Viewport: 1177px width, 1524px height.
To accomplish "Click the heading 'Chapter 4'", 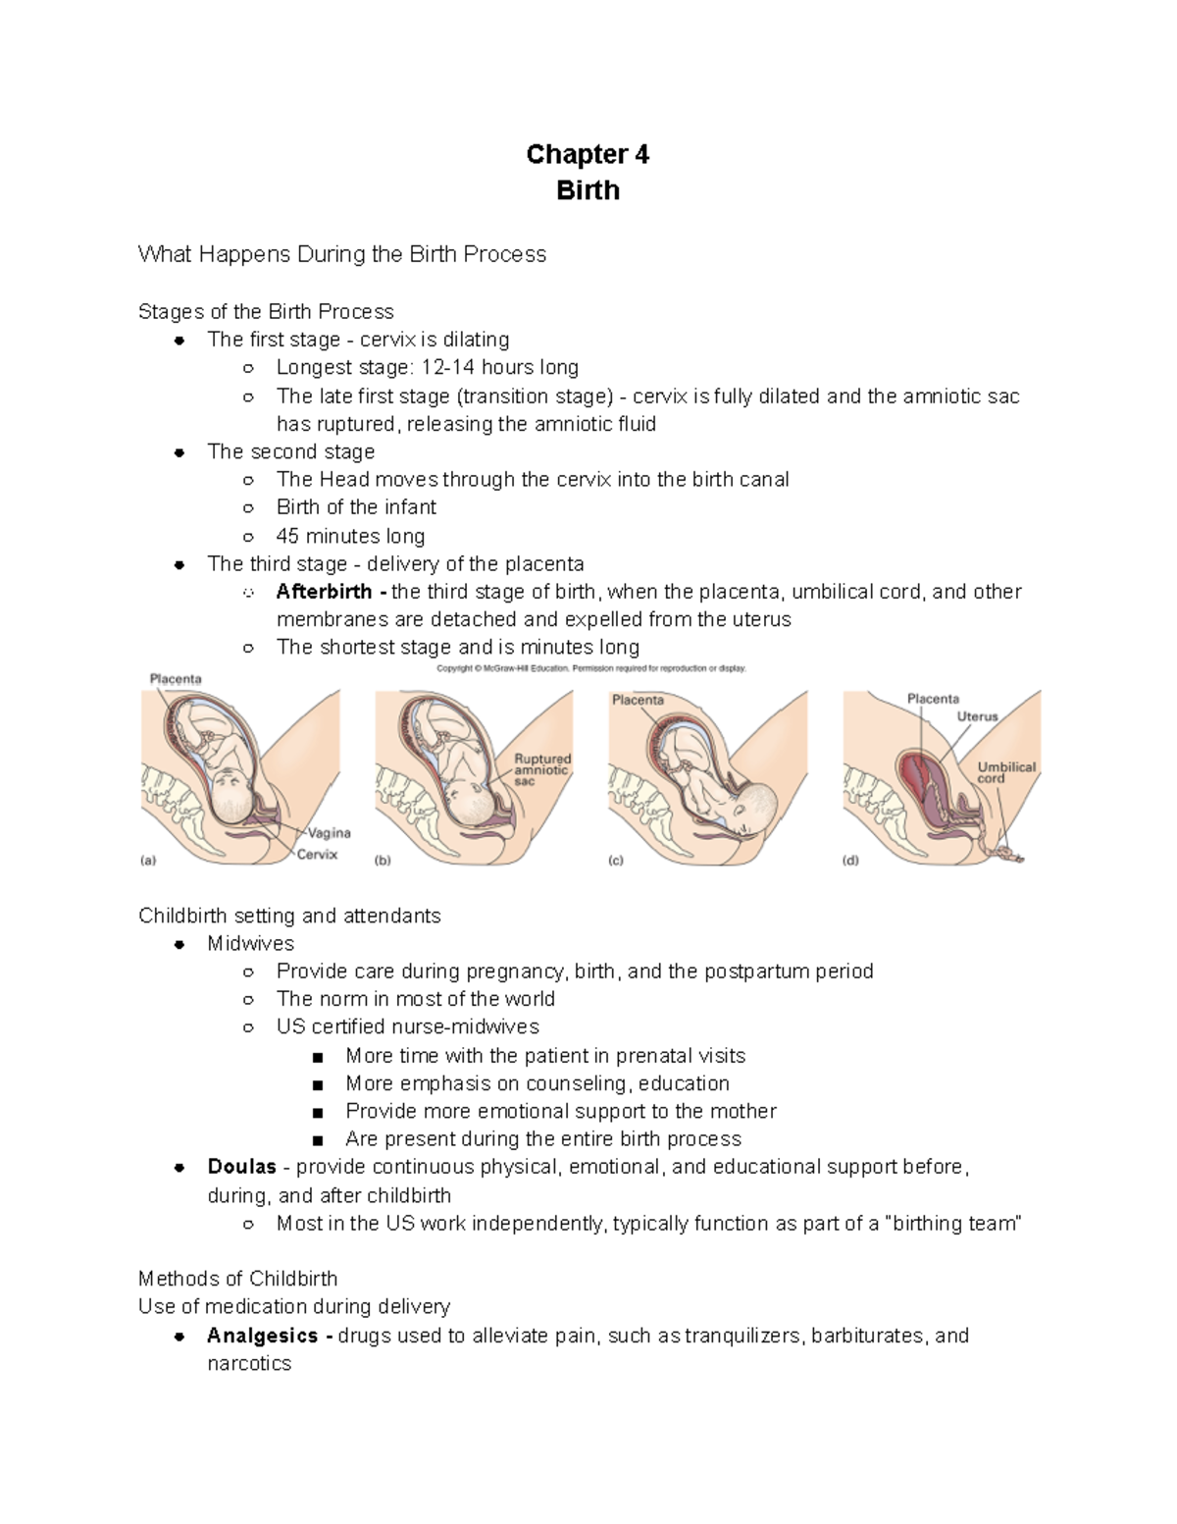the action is pyautogui.click(x=588, y=154).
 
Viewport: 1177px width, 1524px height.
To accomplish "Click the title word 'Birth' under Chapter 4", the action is pyautogui.click(x=588, y=189).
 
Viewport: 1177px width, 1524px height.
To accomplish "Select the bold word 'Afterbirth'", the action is pyautogui.click(x=324, y=592).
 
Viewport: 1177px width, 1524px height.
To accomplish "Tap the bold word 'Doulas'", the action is pyautogui.click(x=241, y=1167).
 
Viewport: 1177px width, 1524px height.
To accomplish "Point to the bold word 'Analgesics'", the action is pyautogui.click(x=262, y=1336).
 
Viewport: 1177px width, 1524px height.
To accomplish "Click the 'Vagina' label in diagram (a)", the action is pyautogui.click(x=330, y=833).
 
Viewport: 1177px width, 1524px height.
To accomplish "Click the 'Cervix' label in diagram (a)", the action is pyautogui.click(x=317, y=855).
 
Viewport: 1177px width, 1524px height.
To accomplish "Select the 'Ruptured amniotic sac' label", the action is pyautogui.click(x=542, y=770).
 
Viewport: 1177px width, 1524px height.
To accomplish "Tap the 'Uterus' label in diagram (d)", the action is pyautogui.click(x=977, y=716).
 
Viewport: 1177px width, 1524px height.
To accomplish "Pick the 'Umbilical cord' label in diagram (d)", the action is pyautogui.click(x=1006, y=772).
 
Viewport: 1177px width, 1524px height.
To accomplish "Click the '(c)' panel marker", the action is pyautogui.click(x=616, y=861).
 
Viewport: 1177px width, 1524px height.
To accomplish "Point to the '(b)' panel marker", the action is pyautogui.click(x=383, y=861).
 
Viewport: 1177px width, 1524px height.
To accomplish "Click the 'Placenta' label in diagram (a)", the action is pyautogui.click(x=176, y=678).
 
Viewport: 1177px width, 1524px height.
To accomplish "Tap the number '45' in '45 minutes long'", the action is pyautogui.click(x=287, y=536).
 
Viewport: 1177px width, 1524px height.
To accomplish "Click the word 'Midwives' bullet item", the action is pyautogui.click(x=250, y=943).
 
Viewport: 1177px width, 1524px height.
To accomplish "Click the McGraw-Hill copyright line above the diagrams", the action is pyautogui.click(x=590, y=668).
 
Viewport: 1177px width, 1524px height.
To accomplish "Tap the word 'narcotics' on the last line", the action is pyautogui.click(x=249, y=1363).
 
